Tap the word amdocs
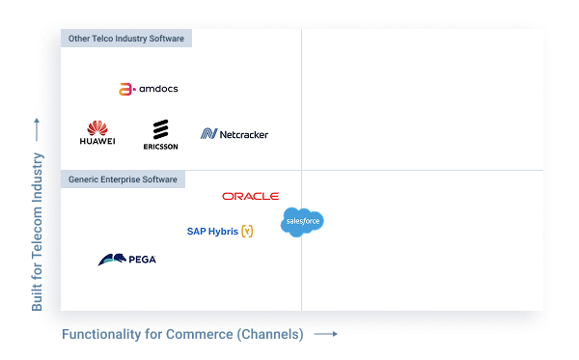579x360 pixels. (158, 89)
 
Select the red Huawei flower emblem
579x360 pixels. (96, 127)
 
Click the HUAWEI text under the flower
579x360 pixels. (96, 142)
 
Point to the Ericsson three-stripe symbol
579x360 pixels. (160, 129)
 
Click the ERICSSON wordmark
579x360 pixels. (160, 147)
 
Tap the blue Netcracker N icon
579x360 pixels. (208, 134)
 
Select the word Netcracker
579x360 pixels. (243, 134)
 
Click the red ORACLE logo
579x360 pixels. (250, 196)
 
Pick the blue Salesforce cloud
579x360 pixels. (302, 222)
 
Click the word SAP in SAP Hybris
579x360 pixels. (196, 232)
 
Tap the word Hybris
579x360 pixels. (223, 232)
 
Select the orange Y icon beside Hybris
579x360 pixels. (247, 232)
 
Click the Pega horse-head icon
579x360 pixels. (110, 259)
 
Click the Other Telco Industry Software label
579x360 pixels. (125, 39)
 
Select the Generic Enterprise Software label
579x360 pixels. (123, 180)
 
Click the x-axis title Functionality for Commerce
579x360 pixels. (183, 335)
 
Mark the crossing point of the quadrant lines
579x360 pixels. (301, 170)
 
